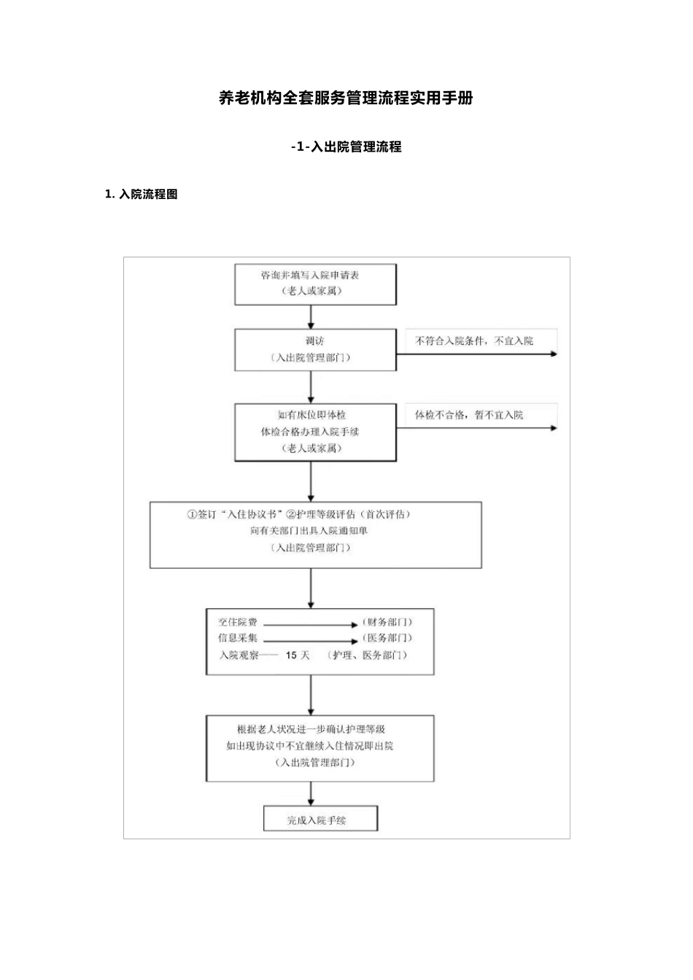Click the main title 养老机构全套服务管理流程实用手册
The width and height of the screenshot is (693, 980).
(346, 98)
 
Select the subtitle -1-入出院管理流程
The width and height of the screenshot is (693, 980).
(346, 147)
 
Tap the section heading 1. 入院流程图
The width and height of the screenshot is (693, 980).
(142, 195)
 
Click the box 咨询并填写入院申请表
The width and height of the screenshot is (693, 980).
(314, 284)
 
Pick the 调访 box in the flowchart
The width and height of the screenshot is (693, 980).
(314, 349)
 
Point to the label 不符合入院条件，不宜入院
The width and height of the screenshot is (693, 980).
(474, 341)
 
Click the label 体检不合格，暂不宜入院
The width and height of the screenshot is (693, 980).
(469, 415)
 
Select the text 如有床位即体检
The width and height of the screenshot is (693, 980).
(311, 415)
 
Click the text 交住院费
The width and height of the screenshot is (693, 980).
(238, 623)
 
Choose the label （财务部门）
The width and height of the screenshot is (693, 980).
(387, 623)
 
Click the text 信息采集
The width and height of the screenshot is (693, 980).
(238, 638)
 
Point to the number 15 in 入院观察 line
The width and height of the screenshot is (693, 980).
(291, 655)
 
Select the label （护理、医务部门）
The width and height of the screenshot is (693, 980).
(368, 655)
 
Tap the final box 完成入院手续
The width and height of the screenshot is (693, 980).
(320, 820)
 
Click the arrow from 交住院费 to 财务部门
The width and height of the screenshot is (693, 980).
(309, 625)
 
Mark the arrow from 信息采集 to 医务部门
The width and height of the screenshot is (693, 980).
(309, 640)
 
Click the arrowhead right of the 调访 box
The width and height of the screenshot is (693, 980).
(553, 354)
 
